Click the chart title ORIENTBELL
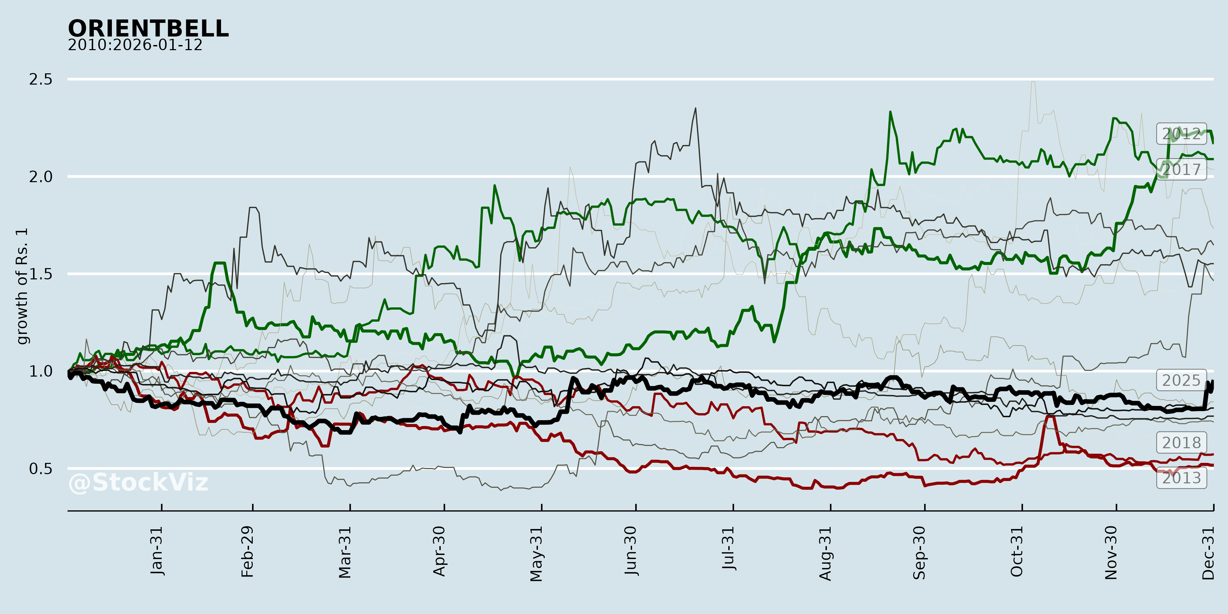[x=148, y=29]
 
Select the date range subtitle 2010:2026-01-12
[x=135, y=45]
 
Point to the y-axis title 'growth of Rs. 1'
[x=22, y=286]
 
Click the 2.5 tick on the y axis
[x=41, y=79]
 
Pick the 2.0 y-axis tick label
[x=41, y=177]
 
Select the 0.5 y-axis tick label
[x=41, y=469]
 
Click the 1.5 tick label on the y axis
[x=41, y=274]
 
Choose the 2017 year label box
[x=1181, y=169]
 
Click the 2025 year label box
[x=1181, y=380]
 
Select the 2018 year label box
[x=1181, y=443]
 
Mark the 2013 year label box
[x=1181, y=478]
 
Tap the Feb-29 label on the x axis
[x=247, y=552]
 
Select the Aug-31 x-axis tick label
[x=825, y=554]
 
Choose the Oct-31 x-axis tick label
[x=1017, y=552]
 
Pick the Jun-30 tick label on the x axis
[x=631, y=551]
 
